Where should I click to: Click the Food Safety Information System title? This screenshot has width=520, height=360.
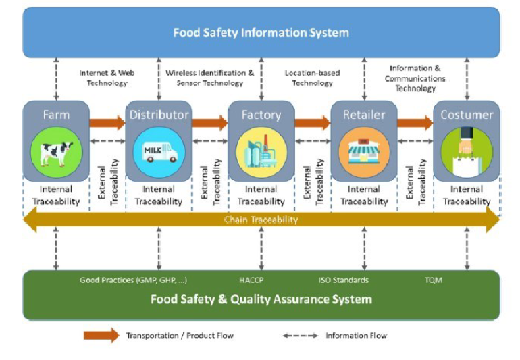261,32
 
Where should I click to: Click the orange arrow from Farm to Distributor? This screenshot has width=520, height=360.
107,123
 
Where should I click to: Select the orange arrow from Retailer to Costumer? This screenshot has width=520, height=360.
414,123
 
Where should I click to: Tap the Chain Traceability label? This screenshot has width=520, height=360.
261,220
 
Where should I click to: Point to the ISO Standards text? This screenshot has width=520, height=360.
344,280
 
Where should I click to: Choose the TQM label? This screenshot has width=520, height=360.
434,280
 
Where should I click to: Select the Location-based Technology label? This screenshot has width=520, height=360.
312,78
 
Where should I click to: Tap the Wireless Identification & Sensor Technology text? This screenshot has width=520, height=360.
210,78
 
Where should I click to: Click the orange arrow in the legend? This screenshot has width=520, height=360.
101,336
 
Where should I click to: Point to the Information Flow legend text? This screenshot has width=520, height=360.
356,336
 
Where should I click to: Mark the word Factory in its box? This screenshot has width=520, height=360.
261,115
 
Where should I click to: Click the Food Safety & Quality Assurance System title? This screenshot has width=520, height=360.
261,299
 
